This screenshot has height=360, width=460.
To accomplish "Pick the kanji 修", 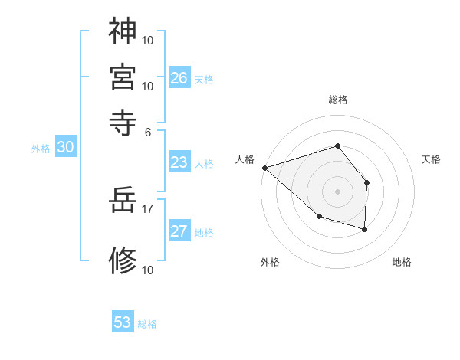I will click(x=123, y=260).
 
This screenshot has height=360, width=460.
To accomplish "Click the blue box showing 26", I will click(x=179, y=78).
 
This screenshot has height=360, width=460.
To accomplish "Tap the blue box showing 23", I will click(x=179, y=162).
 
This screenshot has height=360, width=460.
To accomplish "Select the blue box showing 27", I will click(x=179, y=232).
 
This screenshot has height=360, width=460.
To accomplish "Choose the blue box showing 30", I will click(x=65, y=148).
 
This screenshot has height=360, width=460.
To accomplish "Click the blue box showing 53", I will click(x=123, y=322).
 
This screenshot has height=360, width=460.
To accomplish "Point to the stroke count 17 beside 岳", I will click(x=147, y=208).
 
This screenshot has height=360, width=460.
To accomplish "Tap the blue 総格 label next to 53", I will click(x=147, y=324).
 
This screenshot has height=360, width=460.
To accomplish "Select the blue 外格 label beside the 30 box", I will click(x=41, y=149).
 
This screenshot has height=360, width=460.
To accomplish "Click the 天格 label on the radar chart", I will click(x=431, y=159).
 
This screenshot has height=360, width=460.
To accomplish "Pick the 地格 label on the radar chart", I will click(x=402, y=262).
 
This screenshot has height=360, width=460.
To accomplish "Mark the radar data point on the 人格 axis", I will click(x=264, y=167).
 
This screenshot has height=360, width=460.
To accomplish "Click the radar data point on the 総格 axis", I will click(x=337, y=146).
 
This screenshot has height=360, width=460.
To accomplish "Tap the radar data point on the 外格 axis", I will click(x=319, y=217).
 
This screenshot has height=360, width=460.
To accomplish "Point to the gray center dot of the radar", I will click(x=337, y=191).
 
